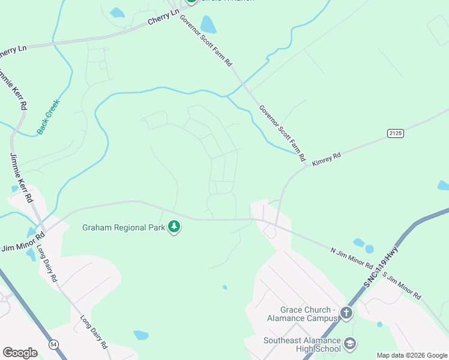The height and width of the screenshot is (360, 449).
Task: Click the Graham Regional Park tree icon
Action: click(174, 227)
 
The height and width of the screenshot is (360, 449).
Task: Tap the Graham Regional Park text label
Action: click(124, 227)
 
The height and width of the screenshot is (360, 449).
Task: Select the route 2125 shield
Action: click(394, 133)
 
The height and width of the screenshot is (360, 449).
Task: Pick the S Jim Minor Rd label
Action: click(402, 286)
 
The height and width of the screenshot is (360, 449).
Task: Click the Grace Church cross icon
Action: click(346, 313)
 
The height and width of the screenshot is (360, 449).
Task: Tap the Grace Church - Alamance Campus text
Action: click(299, 314)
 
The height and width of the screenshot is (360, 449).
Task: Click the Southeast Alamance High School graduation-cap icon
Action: click(350, 344)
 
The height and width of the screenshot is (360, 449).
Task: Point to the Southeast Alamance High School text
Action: click(302, 344)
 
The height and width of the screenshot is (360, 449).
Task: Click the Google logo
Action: click(20, 352)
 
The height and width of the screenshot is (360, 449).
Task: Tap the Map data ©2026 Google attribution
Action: click(412, 355)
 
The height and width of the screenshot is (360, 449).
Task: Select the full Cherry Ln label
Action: click(164, 18)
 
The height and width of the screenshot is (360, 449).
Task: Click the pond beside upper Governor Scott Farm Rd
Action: click(208, 25)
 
